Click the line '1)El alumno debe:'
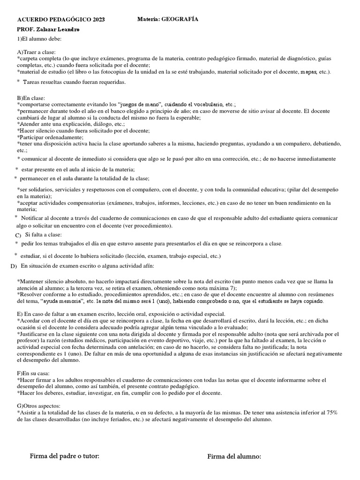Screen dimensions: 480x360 tap(38, 39)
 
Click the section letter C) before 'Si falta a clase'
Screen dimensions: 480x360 tap(18, 235)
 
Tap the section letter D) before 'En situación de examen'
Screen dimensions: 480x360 tap(13, 266)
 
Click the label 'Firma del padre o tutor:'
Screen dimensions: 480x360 tap(65, 456)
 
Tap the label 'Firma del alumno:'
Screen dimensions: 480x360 tap(234, 457)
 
